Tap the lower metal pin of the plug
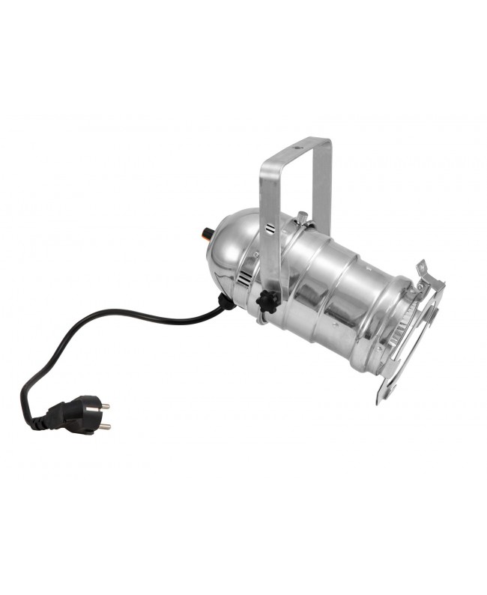coord(104,427)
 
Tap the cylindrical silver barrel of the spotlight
coord(337,285)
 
